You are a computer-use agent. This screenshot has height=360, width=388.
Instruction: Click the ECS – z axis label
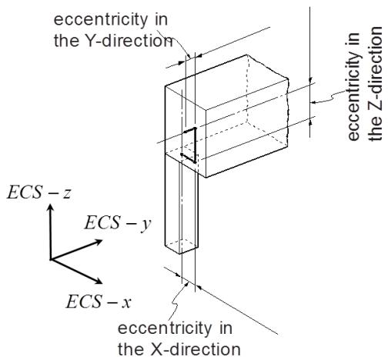[x=38, y=192]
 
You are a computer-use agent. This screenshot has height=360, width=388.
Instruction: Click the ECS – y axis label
[x=118, y=223]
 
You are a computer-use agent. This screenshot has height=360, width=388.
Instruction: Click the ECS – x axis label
[x=99, y=302]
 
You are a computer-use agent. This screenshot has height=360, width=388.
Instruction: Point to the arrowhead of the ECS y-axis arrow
[x=99, y=242]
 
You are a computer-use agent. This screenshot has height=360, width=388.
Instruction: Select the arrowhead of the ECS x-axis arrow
[x=99, y=281]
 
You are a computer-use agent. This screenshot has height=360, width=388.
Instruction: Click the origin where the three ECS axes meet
[x=51, y=259]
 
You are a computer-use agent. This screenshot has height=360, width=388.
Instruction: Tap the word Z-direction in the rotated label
[x=375, y=83]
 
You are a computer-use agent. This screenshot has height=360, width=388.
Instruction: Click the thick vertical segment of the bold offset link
[x=195, y=145]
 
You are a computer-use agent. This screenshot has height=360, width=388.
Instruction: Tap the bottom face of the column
[x=181, y=246]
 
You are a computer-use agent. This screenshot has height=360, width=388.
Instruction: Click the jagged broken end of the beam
[x=287, y=113]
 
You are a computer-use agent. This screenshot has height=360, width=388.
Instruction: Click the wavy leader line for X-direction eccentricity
[x=177, y=300]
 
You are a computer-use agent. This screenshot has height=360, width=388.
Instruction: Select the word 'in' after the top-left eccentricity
[x=162, y=20]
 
